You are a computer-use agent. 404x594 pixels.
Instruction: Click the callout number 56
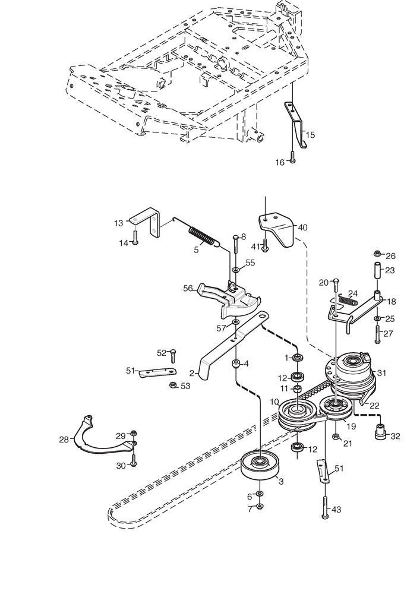(x=188, y=288)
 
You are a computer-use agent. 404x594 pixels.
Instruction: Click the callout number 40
(x=303, y=228)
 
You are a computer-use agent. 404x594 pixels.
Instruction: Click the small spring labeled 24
(x=348, y=299)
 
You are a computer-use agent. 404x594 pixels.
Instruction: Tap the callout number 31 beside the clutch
(x=381, y=373)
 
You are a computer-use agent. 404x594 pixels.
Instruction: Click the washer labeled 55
(x=235, y=268)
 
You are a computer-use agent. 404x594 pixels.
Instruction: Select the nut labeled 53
(x=172, y=385)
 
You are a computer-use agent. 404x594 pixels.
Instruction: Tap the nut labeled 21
(x=336, y=437)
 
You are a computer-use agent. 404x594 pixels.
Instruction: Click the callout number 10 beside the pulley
(x=274, y=402)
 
